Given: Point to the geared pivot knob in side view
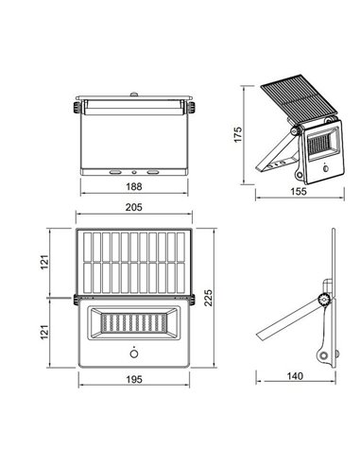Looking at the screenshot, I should (x=324, y=300).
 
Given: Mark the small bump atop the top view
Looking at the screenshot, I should (x=134, y=95).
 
